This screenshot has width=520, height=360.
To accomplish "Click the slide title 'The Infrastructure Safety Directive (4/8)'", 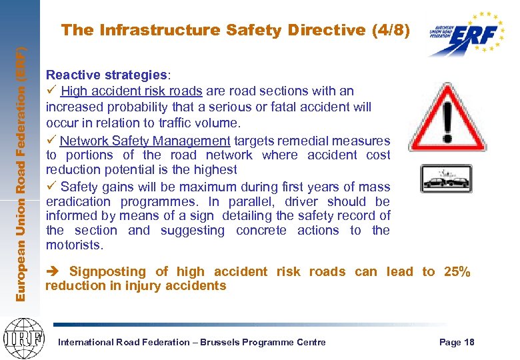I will (x=235, y=30).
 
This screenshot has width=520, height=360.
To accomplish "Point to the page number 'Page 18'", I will (x=457, y=342).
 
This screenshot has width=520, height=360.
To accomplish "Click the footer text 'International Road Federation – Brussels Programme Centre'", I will (x=193, y=342).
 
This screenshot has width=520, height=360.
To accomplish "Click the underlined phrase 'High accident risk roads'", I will (x=132, y=91).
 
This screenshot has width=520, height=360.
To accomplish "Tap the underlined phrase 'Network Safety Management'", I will (x=145, y=141).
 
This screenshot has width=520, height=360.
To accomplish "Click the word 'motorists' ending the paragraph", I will (x=73, y=245).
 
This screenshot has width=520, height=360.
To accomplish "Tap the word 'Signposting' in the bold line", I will (x=107, y=271).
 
